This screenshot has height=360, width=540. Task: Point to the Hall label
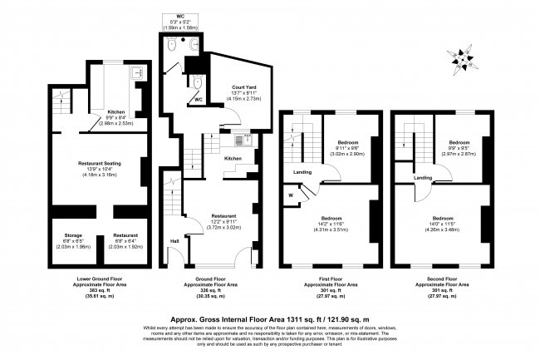click(174, 241)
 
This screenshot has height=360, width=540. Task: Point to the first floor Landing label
click(302, 173)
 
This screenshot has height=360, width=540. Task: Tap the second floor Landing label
click(423, 177)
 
